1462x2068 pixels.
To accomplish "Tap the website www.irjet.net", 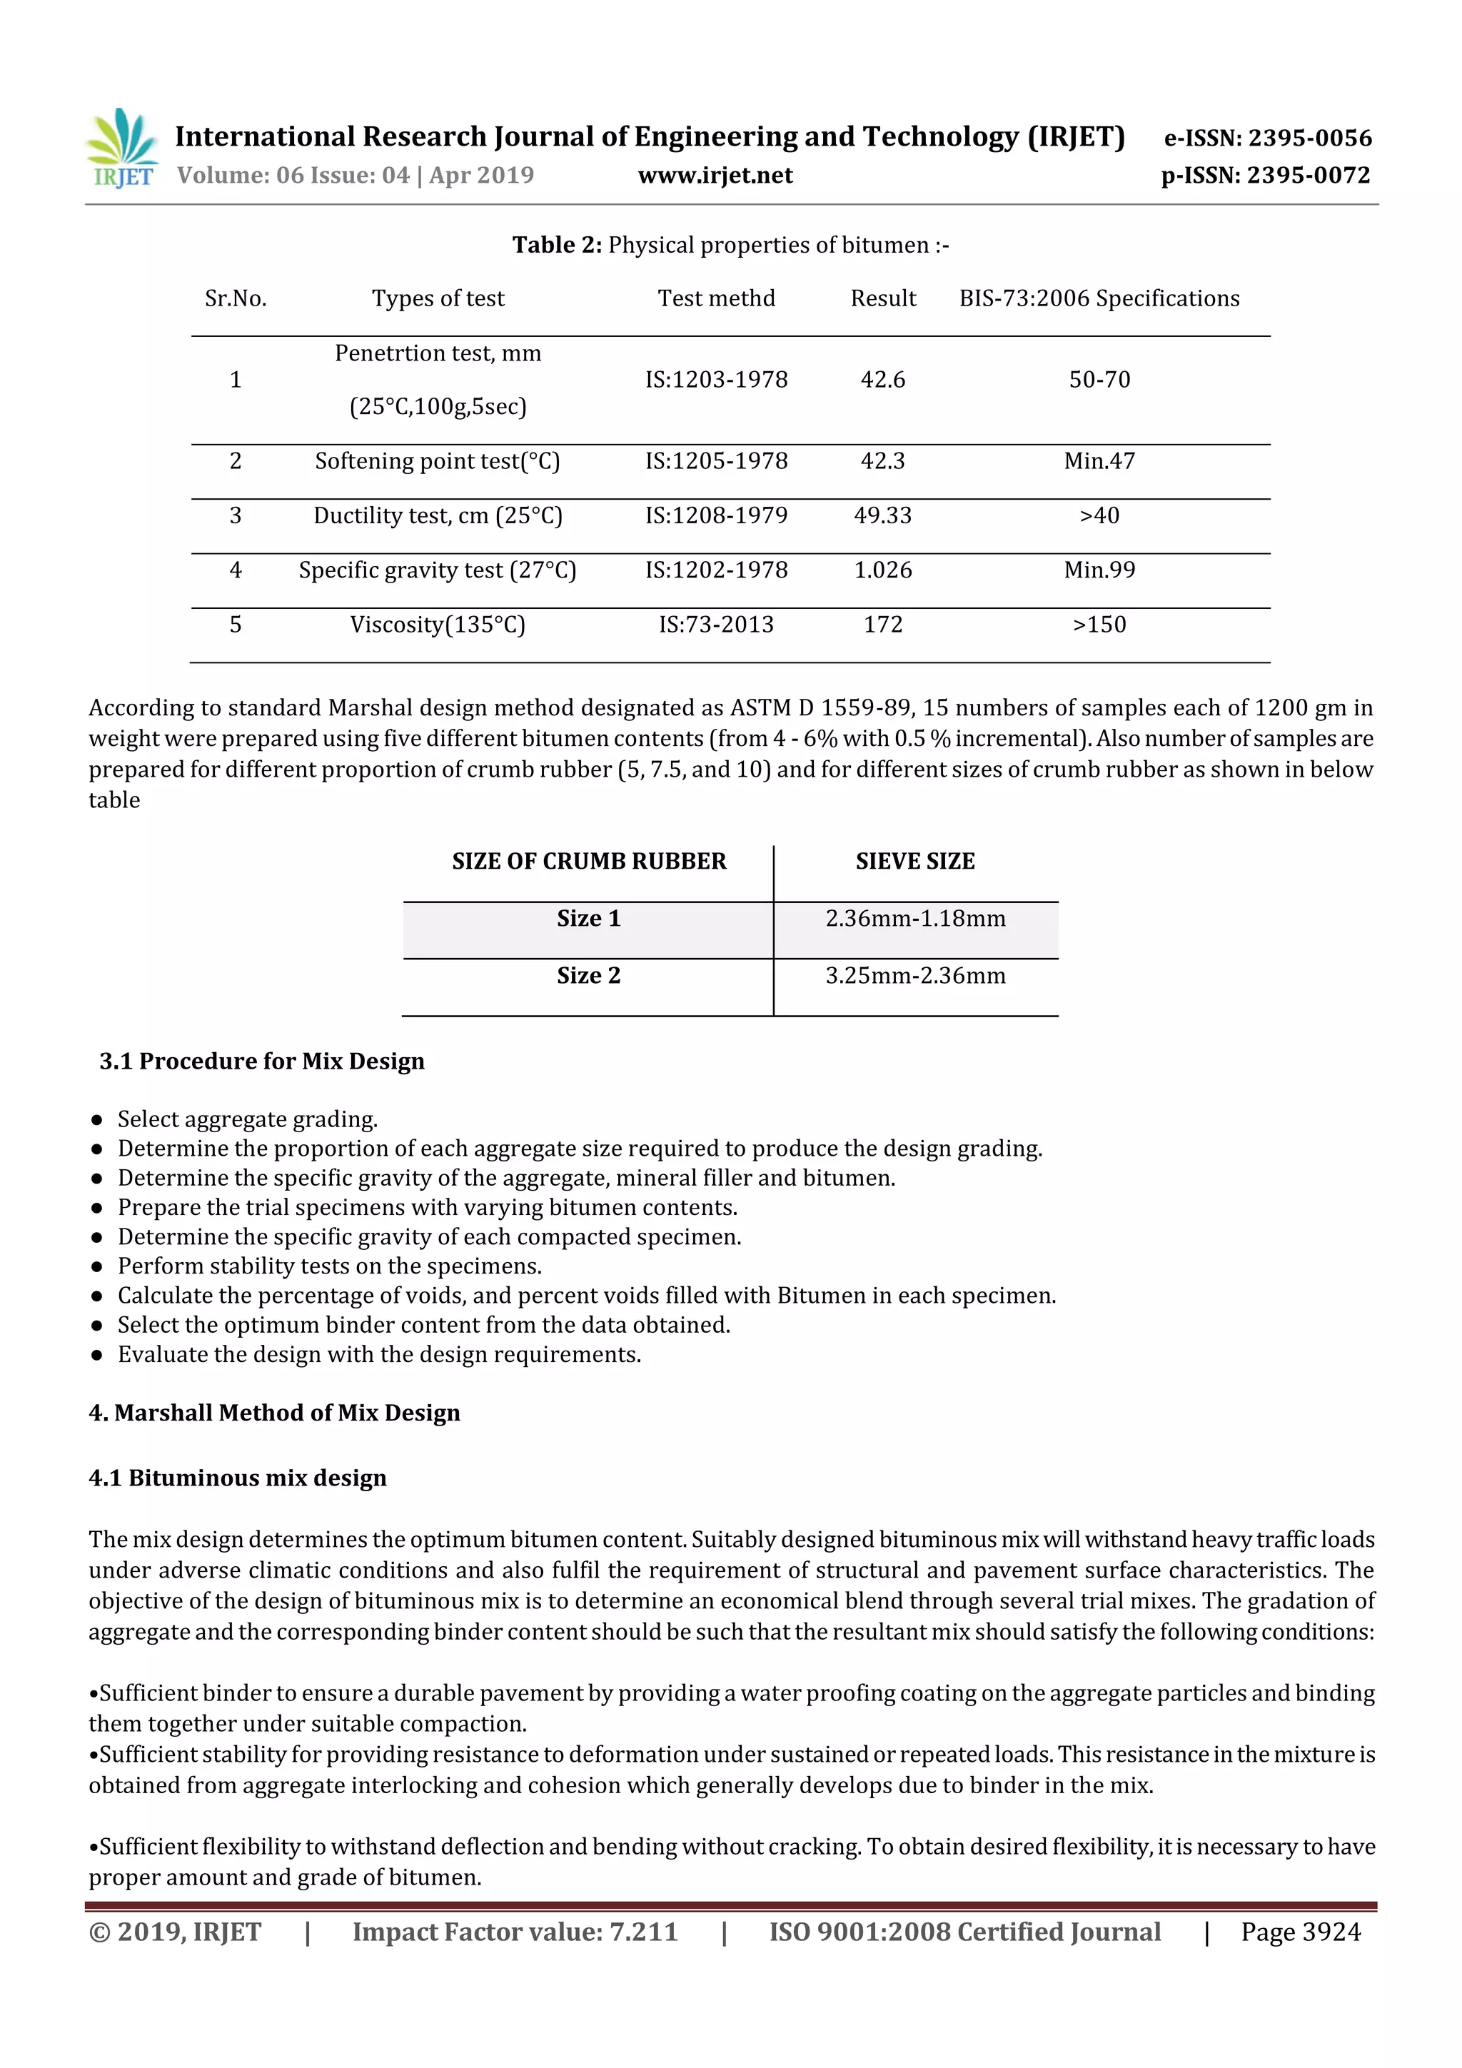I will tap(715, 176).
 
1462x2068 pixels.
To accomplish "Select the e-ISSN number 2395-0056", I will tap(1267, 138).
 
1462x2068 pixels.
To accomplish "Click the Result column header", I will tap(883, 298).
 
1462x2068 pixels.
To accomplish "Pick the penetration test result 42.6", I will tap(883, 379).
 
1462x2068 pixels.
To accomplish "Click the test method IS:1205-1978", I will tap(716, 461).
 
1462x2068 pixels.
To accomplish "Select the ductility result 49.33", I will tap(883, 515).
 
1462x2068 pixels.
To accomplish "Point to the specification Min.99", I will tap(1099, 570).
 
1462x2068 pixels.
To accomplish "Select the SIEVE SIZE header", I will tap(915, 861).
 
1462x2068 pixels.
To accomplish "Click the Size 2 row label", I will tap(588, 975).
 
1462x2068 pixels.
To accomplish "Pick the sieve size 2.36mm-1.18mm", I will tap(915, 919).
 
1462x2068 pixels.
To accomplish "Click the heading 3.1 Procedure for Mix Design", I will tap(261, 1061).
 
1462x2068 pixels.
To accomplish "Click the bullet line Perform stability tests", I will tap(330, 1266).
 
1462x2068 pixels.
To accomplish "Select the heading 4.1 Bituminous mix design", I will tap(238, 1478).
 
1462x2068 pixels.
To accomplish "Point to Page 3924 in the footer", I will tap(1300, 1932).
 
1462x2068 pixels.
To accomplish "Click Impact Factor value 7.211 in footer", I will tap(515, 1932).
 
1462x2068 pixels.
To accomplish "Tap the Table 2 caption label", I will tap(557, 245).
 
